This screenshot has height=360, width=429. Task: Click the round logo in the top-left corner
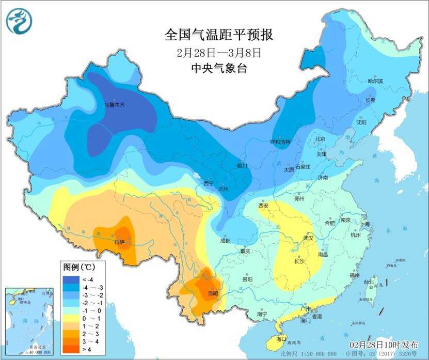19,21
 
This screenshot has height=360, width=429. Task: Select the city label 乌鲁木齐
115,105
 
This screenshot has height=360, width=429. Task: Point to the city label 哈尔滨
375,81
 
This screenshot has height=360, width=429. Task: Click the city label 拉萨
119,241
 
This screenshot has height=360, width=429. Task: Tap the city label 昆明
212,294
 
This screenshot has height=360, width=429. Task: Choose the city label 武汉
309,238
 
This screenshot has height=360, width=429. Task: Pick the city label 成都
225,241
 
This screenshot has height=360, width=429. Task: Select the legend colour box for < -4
71,280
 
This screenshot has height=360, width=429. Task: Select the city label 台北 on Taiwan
369,282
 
